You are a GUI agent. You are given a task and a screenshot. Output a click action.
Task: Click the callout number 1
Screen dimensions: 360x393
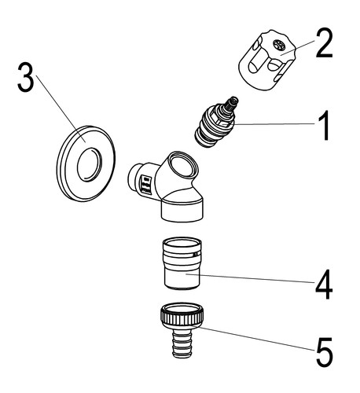click(x=324, y=125)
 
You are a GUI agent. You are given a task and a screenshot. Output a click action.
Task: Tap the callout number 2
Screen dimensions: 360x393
click(x=324, y=43)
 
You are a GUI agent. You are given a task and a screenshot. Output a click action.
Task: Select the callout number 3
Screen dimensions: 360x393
click(x=26, y=78)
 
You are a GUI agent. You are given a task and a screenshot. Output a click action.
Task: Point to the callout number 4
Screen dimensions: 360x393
click(x=324, y=285)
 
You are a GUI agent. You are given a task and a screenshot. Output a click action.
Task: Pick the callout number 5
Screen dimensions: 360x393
click(x=325, y=352)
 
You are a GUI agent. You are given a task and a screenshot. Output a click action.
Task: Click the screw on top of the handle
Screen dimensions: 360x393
click(x=279, y=46)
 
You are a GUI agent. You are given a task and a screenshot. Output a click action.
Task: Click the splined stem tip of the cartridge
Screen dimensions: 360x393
click(x=232, y=103)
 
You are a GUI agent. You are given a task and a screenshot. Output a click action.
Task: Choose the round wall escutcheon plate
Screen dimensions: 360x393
click(x=86, y=163)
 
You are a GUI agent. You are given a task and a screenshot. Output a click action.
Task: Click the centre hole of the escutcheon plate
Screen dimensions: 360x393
click(x=90, y=165)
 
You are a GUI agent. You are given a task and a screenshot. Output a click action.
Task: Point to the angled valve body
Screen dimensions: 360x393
click(x=166, y=186)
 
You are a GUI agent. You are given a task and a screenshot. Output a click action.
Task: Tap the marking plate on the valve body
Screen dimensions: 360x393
click(x=146, y=185)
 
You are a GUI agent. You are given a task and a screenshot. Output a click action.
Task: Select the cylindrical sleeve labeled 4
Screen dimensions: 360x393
click(x=182, y=263)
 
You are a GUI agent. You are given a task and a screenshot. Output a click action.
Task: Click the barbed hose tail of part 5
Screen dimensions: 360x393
click(x=182, y=343)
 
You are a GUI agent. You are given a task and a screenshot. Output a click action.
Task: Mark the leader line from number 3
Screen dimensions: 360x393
click(x=61, y=108)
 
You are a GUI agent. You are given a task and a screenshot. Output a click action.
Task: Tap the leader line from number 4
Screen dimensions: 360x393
click(x=250, y=278)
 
